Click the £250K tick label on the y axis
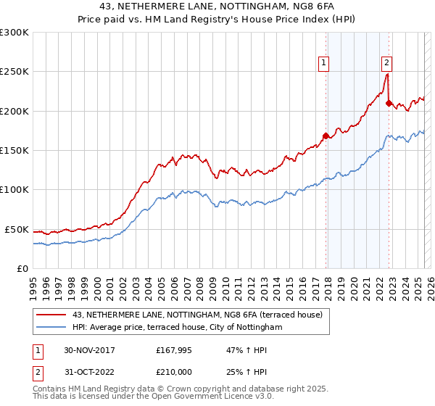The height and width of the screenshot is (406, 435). (x=14, y=72)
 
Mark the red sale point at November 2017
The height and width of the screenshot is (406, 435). (x=326, y=136)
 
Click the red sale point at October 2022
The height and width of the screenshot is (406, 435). (x=389, y=103)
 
